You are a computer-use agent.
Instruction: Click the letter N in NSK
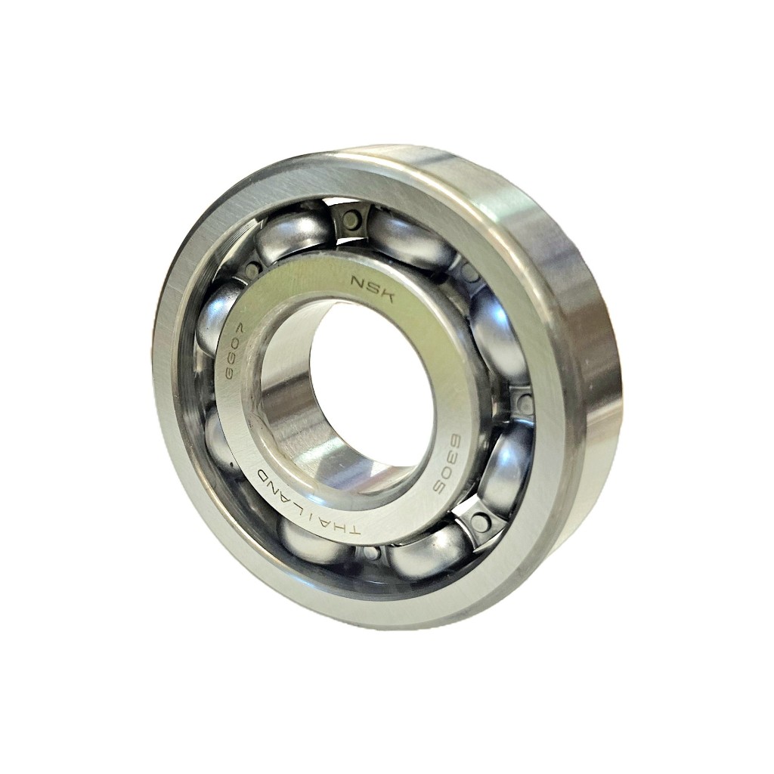click(x=358, y=283)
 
